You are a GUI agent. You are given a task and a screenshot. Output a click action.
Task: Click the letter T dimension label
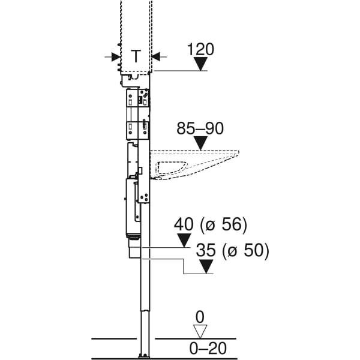pos(136,56)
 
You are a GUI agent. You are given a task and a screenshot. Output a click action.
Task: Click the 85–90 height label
pos(200,128)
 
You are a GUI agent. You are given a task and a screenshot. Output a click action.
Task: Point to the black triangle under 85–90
pos(200,143)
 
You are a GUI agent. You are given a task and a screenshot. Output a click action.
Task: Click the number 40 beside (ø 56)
pos(184,225)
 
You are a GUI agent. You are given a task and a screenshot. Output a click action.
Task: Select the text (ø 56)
pos(226,225)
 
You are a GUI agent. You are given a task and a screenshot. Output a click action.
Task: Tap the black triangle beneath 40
pos(184,241)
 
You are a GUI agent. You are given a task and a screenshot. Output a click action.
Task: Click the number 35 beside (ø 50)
pos(206,250)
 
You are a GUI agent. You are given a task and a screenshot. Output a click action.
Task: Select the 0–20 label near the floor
pos(200,347)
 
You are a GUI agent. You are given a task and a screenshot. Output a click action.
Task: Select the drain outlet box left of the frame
pos(133,249)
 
